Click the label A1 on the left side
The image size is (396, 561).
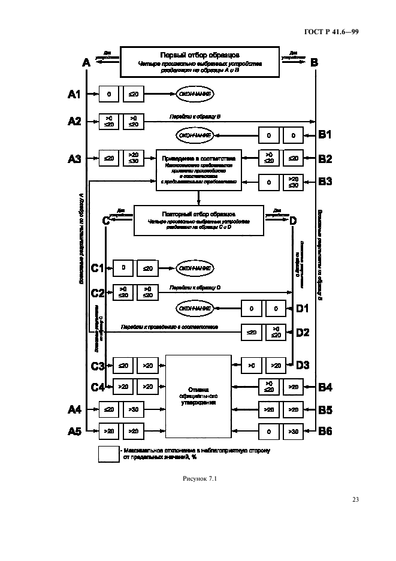click(74, 94)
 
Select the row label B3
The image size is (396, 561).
click(325, 181)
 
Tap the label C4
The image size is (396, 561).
click(98, 387)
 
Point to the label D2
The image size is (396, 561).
click(303, 331)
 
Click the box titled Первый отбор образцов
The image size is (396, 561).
click(199, 62)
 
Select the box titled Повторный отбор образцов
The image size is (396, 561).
click(198, 219)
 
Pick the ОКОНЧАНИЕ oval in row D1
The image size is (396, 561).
click(195, 309)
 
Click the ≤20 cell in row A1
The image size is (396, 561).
click(133, 94)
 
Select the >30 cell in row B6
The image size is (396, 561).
click(293, 431)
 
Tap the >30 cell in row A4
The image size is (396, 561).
click(133, 410)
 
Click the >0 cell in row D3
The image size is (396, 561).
click(252, 364)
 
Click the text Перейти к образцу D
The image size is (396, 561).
click(195, 288)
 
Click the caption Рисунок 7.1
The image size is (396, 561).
click(198, 479)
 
